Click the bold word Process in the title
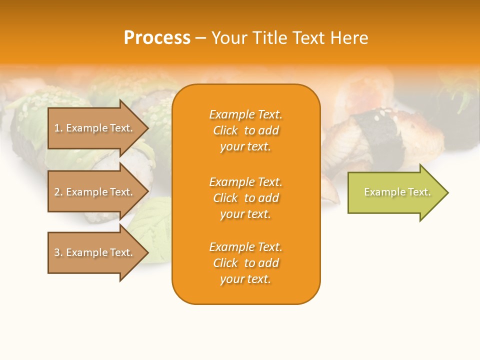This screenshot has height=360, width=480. (x=157, y=38)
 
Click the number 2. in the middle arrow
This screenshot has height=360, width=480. (x=58, y=192)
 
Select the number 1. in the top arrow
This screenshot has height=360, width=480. (x=58, y=128)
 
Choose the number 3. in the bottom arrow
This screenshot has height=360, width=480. (x=58, y=252)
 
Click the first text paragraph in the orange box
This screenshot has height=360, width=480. (x=245, y=130)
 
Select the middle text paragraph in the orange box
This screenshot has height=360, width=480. (x=245, y=198)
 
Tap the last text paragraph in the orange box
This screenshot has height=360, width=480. (x=245, y=263)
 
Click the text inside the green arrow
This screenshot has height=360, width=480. (x=397, y=192)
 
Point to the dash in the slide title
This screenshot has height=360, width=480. (x=200, y=38)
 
